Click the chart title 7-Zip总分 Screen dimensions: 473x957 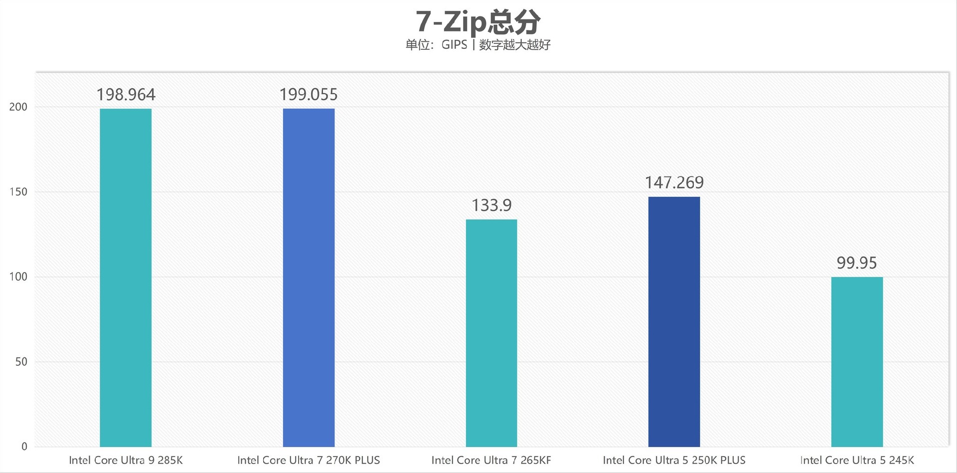478,22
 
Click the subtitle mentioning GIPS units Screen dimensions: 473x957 478,45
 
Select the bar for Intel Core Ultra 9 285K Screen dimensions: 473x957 126,277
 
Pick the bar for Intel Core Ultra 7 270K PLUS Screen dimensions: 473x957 309,277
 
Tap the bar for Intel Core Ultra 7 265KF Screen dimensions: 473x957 491,333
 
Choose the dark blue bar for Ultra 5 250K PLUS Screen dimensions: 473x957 674,321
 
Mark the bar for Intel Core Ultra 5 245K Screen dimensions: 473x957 857,361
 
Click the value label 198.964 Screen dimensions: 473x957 126,95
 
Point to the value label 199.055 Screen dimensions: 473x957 309,95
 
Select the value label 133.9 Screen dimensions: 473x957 491,205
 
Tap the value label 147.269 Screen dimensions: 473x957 674,183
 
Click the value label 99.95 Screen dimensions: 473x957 857,263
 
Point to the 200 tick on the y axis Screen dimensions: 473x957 18,107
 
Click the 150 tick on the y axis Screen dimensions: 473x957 18,192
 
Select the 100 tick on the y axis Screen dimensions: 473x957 18,277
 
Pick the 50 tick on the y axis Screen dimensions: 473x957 21,362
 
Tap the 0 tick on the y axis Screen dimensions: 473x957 24,447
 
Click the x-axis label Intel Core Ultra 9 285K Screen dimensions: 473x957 126,460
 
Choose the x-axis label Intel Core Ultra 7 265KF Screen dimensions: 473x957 491,460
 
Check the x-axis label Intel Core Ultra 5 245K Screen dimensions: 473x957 857,460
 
